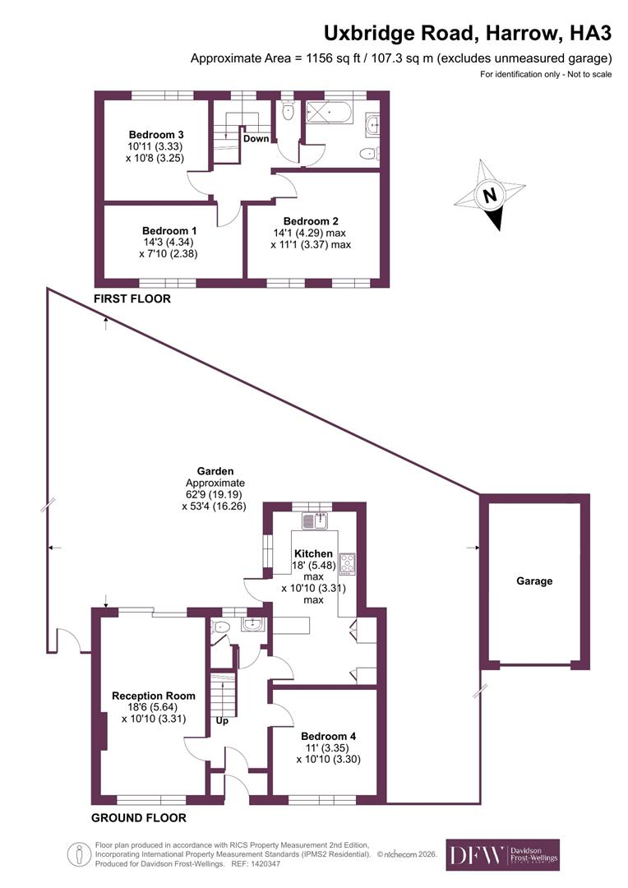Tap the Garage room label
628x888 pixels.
tap(534, 580)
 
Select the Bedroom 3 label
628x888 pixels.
tap(156, 135)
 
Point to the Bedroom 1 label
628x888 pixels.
tap(169, 231)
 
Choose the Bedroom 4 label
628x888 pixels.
tap(328, 736)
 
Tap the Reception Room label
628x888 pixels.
tap(154, 696)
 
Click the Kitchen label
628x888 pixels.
tap(313, 553)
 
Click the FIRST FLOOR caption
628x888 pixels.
tap(132, 299)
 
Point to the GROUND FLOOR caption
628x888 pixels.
tap(138, 817)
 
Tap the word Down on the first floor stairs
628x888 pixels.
tap(256, 138)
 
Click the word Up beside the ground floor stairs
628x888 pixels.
tap(222, 721)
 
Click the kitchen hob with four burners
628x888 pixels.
tap(347, 563)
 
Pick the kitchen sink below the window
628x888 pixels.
tap(315, 520)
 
